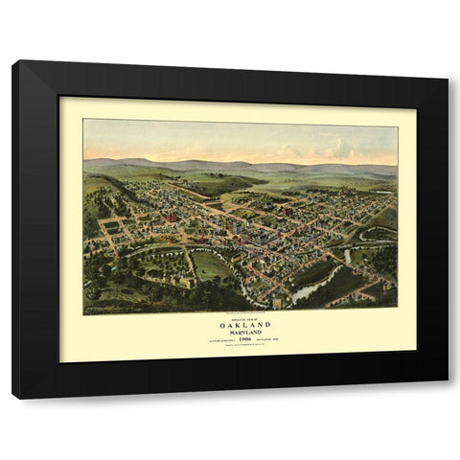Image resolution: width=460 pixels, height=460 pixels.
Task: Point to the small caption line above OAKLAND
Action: point(240,314)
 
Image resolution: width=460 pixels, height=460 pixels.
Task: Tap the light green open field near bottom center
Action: point(211,265)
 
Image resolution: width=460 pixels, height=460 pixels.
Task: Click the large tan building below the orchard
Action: point(188,282)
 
